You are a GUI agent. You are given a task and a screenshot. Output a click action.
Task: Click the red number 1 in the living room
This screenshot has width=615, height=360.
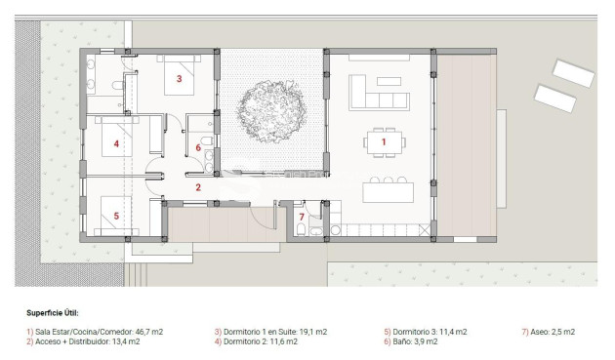pyautogui.click(x=384, y=142)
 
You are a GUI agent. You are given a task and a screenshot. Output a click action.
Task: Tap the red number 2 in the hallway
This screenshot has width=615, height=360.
pyautogui.click(x=197, y=187)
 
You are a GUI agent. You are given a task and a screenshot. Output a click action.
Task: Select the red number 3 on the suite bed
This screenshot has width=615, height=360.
pyautogui.click(x=179, y=77)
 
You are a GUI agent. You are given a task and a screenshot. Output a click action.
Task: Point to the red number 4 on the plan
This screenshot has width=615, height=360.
pyautogui.click(x=116, y=144)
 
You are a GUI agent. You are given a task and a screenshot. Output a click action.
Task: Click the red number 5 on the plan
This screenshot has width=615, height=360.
pyautogui.click(x=116, y=216)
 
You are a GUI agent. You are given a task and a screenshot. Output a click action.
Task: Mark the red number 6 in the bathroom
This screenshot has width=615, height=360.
pyautogui.click(x=198, y=147)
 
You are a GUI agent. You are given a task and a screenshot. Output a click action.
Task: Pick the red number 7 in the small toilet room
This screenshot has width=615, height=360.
pyautogui.click(x=302, y=216)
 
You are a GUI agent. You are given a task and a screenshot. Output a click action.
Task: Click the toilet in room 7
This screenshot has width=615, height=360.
pyautogui.click(x=302, y=230)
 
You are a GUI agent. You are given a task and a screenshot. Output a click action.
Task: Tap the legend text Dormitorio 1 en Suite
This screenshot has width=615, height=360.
pyautogui.click(x=256, y=332)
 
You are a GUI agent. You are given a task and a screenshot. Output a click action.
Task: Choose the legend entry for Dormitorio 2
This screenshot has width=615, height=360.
pyautogui.click(x=255, y=341)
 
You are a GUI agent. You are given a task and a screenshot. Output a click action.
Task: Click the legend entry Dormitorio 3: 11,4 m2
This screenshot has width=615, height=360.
pyautogui.click(x=425, y=332)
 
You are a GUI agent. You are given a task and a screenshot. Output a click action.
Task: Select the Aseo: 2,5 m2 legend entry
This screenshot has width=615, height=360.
pyautogui.click(x=549, y=332)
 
